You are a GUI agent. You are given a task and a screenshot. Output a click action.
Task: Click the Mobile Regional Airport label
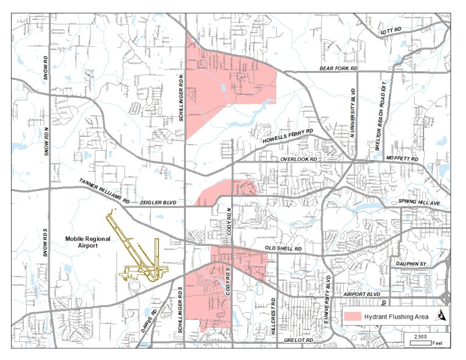click(87, 242)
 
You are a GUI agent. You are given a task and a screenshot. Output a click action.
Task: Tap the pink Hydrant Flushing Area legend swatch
click(351, 316)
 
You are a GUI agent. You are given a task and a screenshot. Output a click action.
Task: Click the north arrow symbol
click(442, 316)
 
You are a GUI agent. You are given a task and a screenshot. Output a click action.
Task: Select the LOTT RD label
click(391, 31)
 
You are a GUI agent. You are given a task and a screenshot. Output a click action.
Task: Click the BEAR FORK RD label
click(338, 69)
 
